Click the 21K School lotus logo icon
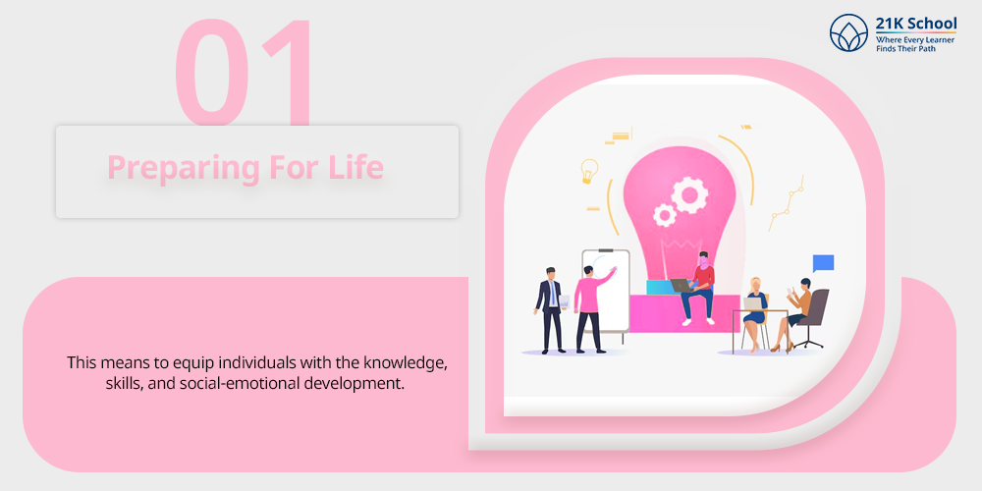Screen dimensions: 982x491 pyautogui.click(x=849, y=32)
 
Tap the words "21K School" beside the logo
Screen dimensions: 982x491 pyautogui.click(x=916, y=24)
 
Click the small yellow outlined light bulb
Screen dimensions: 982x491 pyautogui.click(x=588, y=170)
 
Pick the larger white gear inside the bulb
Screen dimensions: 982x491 pyautogui.click(x=689, y=195)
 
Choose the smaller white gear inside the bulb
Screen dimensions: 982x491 pyautogui.click(x=663, y=215)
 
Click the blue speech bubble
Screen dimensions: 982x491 pyautogui.click(x=823, y=263)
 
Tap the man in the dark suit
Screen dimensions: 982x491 pyautogui.click(x=551, y=310)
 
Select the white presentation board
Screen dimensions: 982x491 pyautogui.click(x=606, y=293)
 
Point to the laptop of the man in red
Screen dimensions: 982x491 pyautogui.click(x=682, y=286)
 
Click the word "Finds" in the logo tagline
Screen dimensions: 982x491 pyautogui.click(x=886, y=48)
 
